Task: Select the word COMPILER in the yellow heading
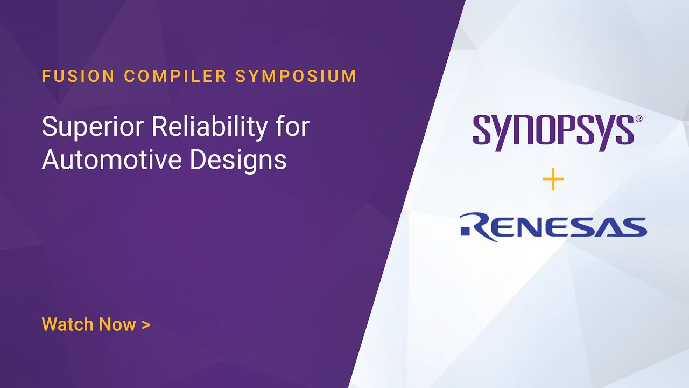175,76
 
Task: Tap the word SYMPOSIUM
296,76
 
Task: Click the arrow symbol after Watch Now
145,325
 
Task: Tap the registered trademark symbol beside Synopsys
639,119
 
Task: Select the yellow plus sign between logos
553,180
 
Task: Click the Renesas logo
553,226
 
